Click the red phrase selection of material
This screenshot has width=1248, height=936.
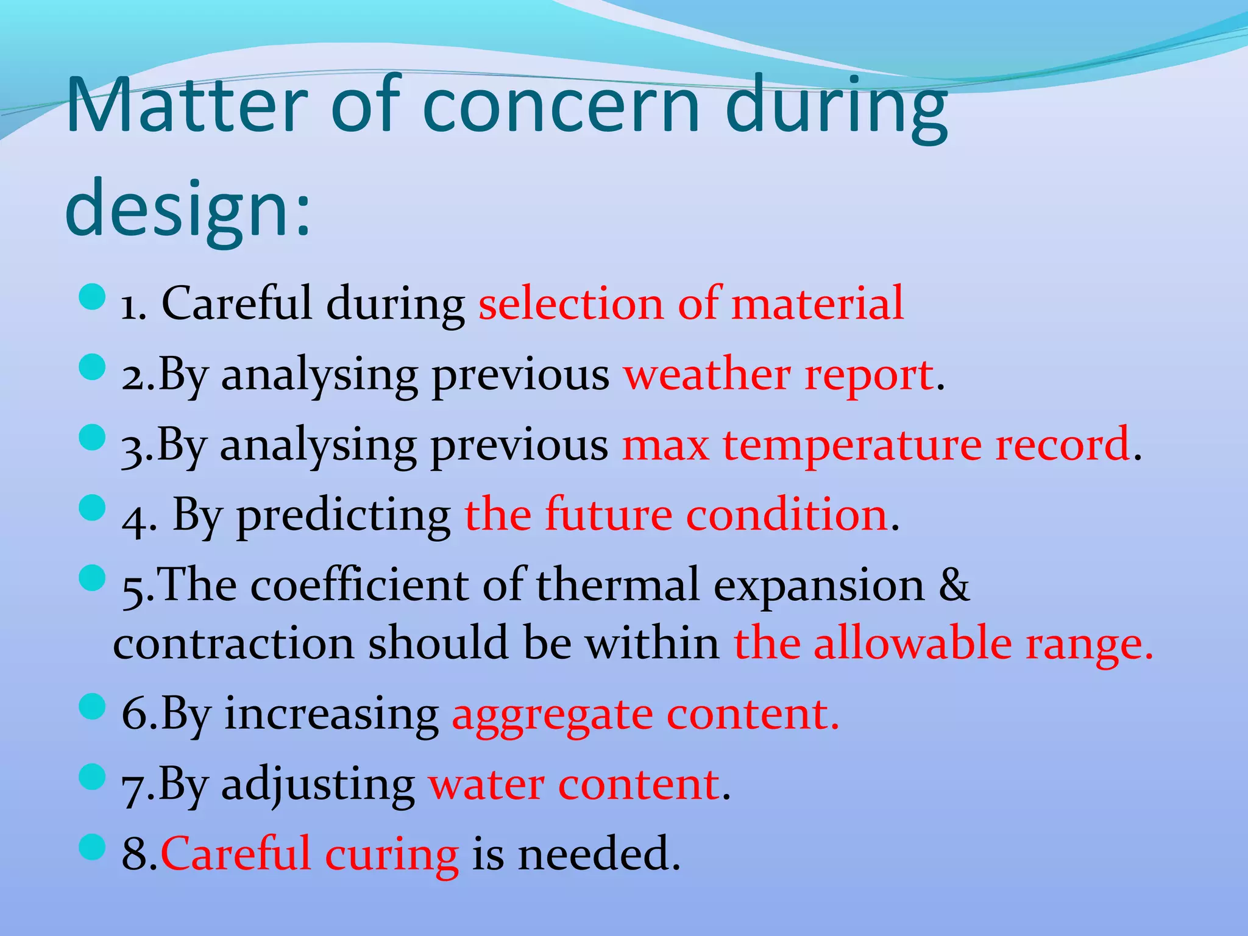coord(690,303)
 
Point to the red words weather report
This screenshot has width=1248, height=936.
coord(779,374)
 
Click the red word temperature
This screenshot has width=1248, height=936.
coord(852,444)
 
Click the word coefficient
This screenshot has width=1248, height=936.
coord(359,585)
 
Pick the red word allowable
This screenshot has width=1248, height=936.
coord(912,644)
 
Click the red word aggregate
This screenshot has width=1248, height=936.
coord(552,714)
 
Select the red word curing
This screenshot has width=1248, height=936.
coord(391,854)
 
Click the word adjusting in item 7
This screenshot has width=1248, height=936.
coord(317,785)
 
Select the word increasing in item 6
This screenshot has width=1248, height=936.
coord(331,714)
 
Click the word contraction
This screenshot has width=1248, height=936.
coord(233,644)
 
